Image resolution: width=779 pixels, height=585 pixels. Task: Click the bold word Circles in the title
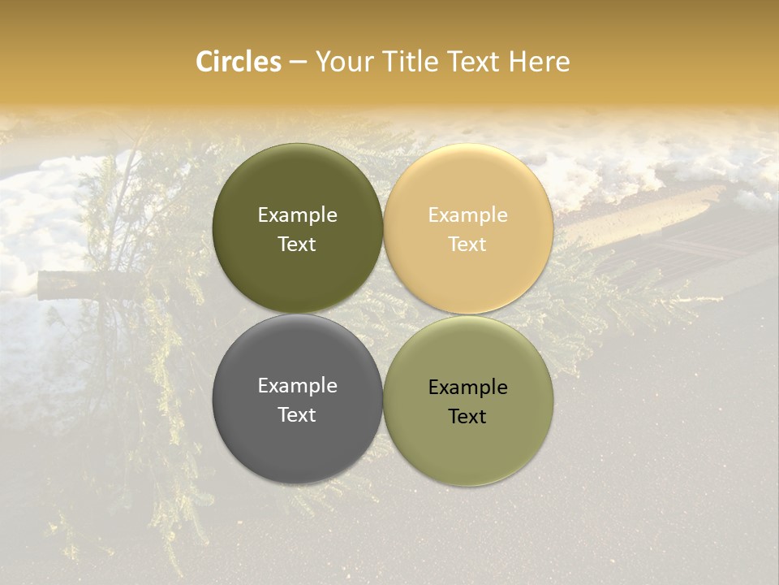coord(239,62)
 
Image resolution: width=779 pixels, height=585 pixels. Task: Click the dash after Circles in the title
coord(298,63)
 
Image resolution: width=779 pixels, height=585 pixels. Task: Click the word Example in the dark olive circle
coord(297,214)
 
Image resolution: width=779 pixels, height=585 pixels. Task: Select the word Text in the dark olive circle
coord(297,244)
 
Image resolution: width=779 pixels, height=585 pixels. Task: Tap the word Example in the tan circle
coord(467,214)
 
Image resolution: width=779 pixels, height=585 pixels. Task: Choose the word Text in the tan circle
coord(467,244)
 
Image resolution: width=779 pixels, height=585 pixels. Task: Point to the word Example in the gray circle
coord(297,385)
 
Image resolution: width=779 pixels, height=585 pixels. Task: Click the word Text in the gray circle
coord(297,414)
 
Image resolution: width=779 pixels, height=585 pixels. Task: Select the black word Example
coord(467,387)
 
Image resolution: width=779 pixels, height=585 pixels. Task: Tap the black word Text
coord(467,416)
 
